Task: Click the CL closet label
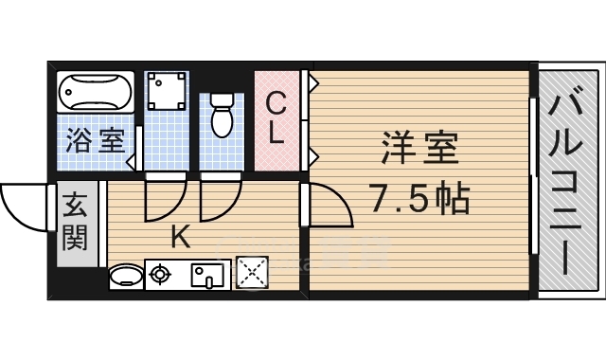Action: (276, 117)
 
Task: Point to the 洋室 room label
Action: (420, 150)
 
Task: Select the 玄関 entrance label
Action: (76, 221)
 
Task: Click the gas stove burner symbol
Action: (160, 276)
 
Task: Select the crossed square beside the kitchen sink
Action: (251, 275)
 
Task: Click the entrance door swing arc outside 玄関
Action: (23, 204)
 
